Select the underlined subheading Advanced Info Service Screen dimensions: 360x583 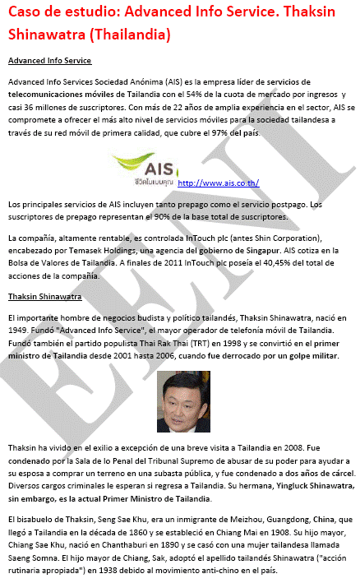pyautogui.click(x=49, y=61)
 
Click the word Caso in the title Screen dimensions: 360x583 pyautogui.click(x=28, y=14)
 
